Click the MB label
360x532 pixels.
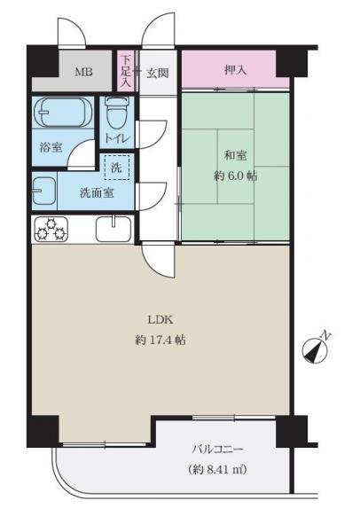[82, 71]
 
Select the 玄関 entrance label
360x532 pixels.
[158, 71]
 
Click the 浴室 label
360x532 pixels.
[51, 147]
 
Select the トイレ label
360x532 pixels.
[117, 138]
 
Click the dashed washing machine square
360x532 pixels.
[116, 166]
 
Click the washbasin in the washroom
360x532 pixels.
[43, 191]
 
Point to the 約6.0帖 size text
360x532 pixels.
[236, 175]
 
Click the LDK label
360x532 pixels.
[160, 321]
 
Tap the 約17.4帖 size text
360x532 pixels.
[160, 340]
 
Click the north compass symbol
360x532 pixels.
[317, 348]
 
